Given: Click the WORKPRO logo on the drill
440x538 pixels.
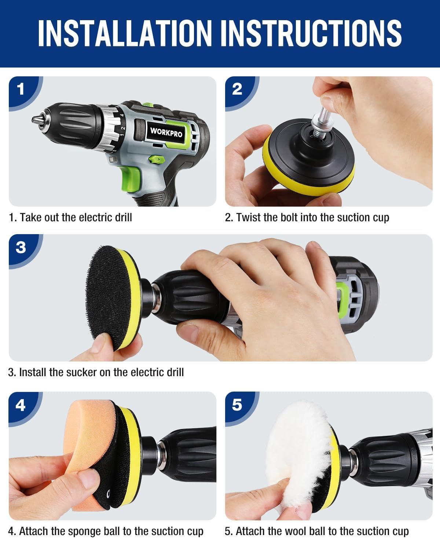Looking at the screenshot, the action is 166,132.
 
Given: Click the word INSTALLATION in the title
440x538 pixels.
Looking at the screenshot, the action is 125,33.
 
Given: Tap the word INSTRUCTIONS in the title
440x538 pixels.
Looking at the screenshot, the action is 311,33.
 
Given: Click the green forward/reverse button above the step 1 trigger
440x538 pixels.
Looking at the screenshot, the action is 156,160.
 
